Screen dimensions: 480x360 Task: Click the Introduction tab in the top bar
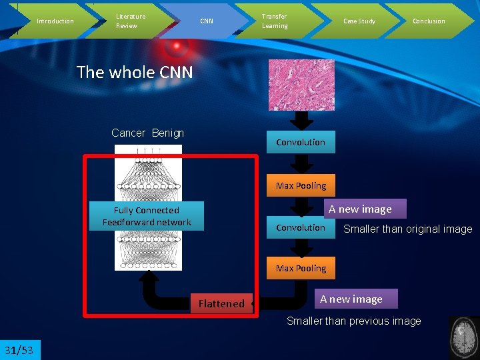click(55, 21)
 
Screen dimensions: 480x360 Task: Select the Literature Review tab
click(131, 21)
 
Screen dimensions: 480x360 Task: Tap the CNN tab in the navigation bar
click(207, 21)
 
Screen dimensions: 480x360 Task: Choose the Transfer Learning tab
click(274, 21)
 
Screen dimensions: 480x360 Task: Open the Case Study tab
click(359, 21)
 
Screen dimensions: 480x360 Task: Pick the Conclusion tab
click(429, 21)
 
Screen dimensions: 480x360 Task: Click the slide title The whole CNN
click(135, 72)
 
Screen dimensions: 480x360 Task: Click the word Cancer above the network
click(128, 133)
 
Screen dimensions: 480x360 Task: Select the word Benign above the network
click(167, 133)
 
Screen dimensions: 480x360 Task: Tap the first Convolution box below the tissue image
click(301, 142)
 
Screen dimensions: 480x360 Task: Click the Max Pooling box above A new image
click(301, 185)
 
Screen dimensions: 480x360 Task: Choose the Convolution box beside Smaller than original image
click(301, 227)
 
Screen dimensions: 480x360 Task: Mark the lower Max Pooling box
click(301, 268)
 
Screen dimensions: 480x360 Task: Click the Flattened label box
click(221, 303)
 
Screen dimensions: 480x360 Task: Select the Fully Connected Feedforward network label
click(147, 216)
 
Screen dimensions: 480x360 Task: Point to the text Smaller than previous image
click(353, 321)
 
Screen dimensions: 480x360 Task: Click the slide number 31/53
click(19, 350)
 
